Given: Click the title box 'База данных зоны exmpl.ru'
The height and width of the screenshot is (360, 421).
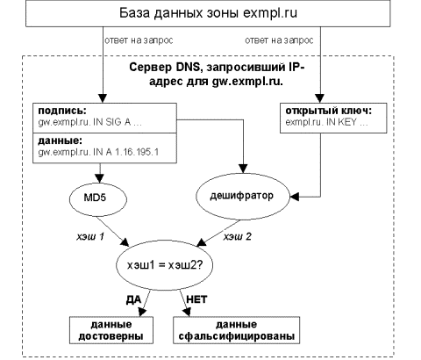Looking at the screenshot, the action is coord(208,13).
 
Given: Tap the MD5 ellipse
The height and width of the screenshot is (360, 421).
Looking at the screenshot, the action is coord(98,199).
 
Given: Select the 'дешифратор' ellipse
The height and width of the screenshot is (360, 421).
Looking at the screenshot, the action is coord(242,197).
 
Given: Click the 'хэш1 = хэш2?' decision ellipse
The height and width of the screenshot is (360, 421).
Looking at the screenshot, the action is coord(165,265).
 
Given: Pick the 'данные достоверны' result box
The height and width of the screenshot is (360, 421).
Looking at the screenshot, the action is coord(111,330).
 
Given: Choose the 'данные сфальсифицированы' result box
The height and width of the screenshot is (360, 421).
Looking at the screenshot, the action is coord(237,330).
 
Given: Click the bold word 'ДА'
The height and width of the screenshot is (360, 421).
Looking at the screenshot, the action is coord(133,299).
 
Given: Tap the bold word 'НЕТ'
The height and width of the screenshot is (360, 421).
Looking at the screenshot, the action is coord(196,299).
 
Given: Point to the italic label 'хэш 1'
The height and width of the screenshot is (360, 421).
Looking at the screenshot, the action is coord(90,236).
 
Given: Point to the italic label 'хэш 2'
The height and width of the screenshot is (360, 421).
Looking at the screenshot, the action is coord(238,236).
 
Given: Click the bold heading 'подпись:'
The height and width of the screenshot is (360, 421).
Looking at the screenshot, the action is coord(62,112).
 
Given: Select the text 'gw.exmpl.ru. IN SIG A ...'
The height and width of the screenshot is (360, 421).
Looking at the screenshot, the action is coord(89,122).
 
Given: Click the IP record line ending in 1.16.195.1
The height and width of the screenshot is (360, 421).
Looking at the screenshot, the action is coord(98,152).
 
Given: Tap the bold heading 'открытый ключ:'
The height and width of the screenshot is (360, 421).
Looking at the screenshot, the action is coord(329,112).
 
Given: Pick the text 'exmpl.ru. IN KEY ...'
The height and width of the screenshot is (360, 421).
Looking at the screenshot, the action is coord(326,122).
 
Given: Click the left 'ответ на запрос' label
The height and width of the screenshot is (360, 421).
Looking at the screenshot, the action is coord(139,40).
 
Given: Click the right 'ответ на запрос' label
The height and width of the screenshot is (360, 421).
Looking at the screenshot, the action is coord(279,40).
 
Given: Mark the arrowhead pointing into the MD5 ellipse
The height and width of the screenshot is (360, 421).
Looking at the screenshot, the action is coord(100,178).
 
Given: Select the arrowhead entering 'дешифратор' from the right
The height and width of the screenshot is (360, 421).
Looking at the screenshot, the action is coord(295,197).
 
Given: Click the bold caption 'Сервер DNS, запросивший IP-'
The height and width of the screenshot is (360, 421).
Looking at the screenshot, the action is coord(217,68).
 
